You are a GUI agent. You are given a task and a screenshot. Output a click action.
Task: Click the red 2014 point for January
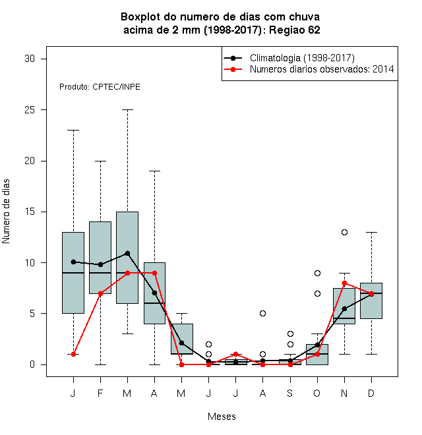pyautogui.click(x=73, y=355)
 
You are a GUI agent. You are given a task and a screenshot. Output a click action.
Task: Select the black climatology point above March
pyautogui.click(x=127, y=253)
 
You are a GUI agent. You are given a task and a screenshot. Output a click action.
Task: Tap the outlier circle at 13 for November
pyautogui.click(x=344, y=232)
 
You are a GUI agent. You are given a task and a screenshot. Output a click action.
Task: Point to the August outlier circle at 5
pyautogui.click(x=262, y=314)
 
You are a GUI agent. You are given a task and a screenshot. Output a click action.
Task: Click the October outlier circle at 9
pyautogui.click(x=317, y=274)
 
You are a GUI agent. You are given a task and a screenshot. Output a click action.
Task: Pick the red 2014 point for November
pyautogui.click(x=344, y=283)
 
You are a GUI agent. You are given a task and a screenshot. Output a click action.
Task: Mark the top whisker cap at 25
pyautogui.click(x=127, y=109)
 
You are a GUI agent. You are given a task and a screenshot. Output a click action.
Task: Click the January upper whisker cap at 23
pyautogui.click(x=73, y=130)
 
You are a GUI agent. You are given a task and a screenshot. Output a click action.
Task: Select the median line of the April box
pyautogui.click(x=155, y=303)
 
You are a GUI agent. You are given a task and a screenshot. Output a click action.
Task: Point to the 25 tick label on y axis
pyautogui.click(x=30, y=110)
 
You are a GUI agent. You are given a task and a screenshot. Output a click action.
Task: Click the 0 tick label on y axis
pyautogui.click(x=32, y=364)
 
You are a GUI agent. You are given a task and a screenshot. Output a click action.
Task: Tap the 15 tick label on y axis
pyautogui.click(x=30, y=212)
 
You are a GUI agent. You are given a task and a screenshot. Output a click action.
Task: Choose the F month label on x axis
pyautogui.click(x=100, y=393)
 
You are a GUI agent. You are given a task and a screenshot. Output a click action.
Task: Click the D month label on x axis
pyautogui.click(x=371, y=393)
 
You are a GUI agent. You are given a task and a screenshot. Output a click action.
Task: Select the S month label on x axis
pyautogui.click(x=290, y=393)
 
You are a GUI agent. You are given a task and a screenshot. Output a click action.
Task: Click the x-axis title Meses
pyautogui.click(x=222, y=417)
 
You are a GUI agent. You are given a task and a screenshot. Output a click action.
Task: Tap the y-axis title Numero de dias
pyautogui.click(x=6, y=212)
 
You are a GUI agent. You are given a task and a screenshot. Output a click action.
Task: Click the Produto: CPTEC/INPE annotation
pyautogui.click(x=100, y=87)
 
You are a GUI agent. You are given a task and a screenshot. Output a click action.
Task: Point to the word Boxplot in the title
pyautogui.click(x=140, y=17)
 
